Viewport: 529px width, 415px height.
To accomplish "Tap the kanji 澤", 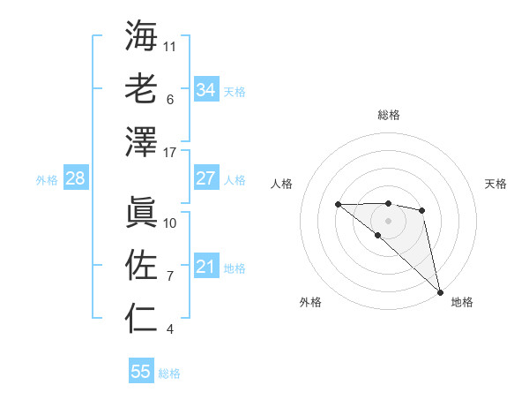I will click(142, 141).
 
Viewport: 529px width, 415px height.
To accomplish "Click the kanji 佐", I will click(142, 263).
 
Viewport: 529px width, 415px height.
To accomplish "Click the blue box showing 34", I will click(205, 89).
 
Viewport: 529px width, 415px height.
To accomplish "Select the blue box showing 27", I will click(205, 178).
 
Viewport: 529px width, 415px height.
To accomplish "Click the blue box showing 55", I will click(141, 372).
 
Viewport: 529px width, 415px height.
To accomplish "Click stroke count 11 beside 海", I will click(170, 45).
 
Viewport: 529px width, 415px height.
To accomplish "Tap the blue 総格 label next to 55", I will click(170, 373).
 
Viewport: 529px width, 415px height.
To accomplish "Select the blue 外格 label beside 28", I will click(47, 180).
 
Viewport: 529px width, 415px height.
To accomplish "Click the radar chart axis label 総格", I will click(389, 115).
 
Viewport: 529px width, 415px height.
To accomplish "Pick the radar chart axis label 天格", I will click(495, 184).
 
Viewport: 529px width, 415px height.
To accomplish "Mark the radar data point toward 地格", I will click(440, 290).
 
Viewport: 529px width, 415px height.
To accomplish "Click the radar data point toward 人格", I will click(338, 205).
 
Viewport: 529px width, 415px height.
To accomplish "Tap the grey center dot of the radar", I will click(389, 220).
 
